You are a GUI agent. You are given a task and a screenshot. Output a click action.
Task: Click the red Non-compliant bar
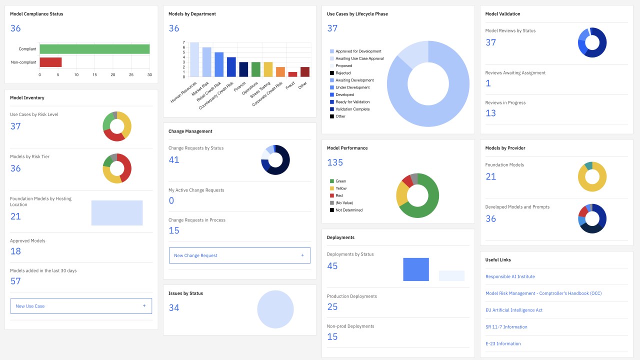[x=50, y=62]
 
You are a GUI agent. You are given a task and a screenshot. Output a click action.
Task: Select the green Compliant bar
[x=94, y=49]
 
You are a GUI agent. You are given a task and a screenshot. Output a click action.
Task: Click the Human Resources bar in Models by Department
[x=194, y=59]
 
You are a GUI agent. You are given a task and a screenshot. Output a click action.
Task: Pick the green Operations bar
[x=255, y=69]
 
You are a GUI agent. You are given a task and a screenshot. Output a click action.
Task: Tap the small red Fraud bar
[x=292, y=74]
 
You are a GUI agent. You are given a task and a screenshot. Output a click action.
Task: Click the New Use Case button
[x=81, y=306]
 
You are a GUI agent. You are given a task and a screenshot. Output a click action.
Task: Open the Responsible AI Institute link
[x=510, y=276]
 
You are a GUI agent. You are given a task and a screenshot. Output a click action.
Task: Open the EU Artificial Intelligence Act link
[x=513, y=310]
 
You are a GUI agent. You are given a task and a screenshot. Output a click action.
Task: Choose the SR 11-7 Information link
[x=506, y=327]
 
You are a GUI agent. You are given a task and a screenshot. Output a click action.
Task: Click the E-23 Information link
[x=503, y=343]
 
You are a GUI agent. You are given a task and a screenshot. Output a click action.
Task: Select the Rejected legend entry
[x=340, y=73]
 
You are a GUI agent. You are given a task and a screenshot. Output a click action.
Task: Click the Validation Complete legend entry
[x=349, y=109]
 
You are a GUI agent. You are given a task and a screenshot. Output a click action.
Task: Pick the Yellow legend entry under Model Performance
[x=338, y=188]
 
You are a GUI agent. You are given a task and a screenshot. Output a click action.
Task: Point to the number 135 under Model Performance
[x=335, y=162]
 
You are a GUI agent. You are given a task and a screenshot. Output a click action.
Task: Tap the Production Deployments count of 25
[x=332, y=307]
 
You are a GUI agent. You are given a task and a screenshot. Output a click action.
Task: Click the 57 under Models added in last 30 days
[x=15, y=281]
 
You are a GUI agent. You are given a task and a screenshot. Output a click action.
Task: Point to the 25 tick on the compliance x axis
[x=131, y=75]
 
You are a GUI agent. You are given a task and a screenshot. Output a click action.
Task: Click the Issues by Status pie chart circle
[x=275, y=309]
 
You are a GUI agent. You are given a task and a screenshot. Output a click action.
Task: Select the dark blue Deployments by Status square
[x=416, y=269]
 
